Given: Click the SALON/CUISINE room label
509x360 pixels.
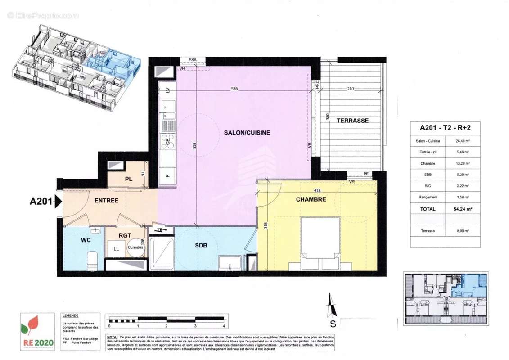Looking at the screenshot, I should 247,133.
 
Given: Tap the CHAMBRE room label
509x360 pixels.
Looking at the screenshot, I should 311,199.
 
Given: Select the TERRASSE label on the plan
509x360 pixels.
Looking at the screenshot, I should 352,121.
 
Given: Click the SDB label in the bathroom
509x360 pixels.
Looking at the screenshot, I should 201,246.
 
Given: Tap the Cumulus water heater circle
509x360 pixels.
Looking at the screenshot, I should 135,247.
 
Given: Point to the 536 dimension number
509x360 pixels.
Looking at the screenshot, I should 234,89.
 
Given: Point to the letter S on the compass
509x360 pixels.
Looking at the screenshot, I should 333,323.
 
